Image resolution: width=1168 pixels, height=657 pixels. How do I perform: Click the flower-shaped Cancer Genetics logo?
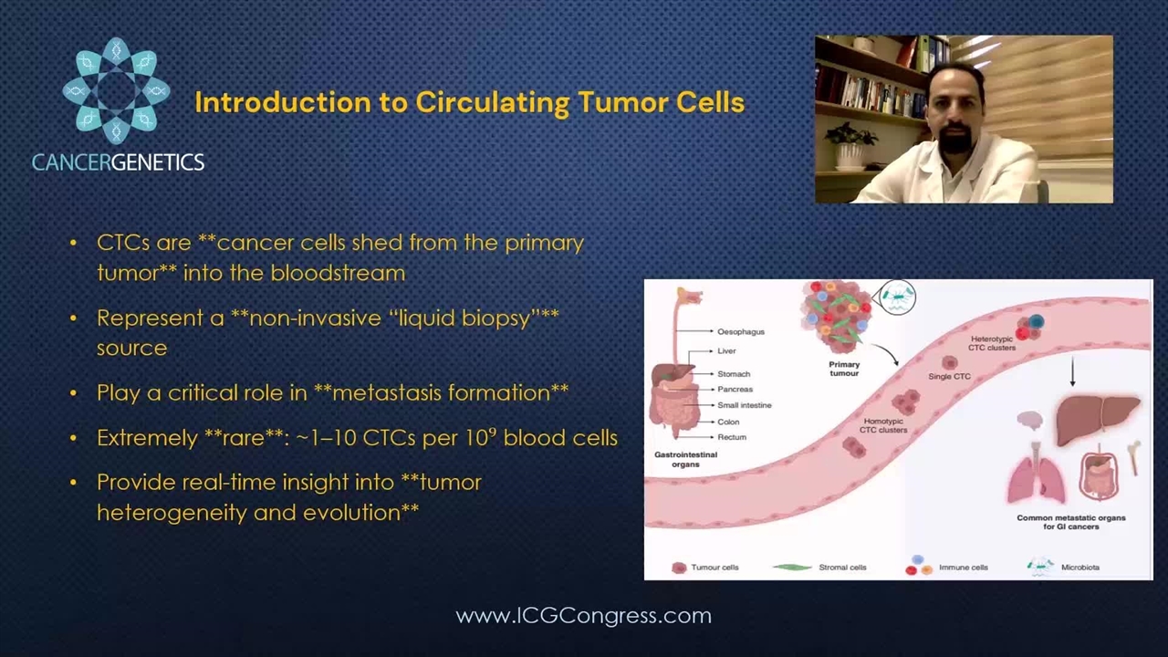click(116, 90)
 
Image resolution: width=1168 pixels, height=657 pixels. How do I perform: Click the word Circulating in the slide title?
click(492, 103)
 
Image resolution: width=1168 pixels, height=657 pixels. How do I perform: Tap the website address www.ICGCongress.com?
click(583, 616)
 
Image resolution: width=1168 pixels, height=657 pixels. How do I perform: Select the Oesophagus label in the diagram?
click(740, 331)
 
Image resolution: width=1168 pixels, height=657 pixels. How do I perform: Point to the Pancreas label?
click(735, 389)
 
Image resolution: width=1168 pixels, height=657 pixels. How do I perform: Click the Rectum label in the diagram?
click(732, 437)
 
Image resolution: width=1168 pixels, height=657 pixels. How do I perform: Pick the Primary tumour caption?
click(844, 369)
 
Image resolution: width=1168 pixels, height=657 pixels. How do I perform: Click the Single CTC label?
click(949, 376)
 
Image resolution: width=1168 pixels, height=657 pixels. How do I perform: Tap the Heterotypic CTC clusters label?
click(992, 343)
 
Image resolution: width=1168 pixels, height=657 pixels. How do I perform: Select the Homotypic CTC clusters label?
click(883, 425)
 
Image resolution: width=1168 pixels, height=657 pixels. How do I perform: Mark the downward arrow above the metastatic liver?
click(1072, 371)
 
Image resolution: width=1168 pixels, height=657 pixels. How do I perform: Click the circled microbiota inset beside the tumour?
click(897, 297)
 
